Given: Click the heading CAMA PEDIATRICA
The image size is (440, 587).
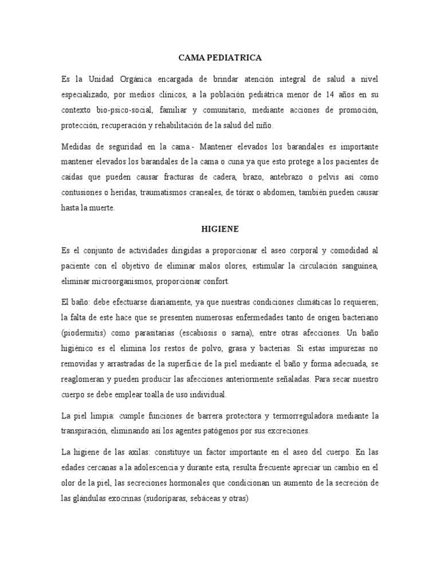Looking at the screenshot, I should click(220, 58).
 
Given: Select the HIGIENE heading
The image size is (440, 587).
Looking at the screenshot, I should click(220, 229).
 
